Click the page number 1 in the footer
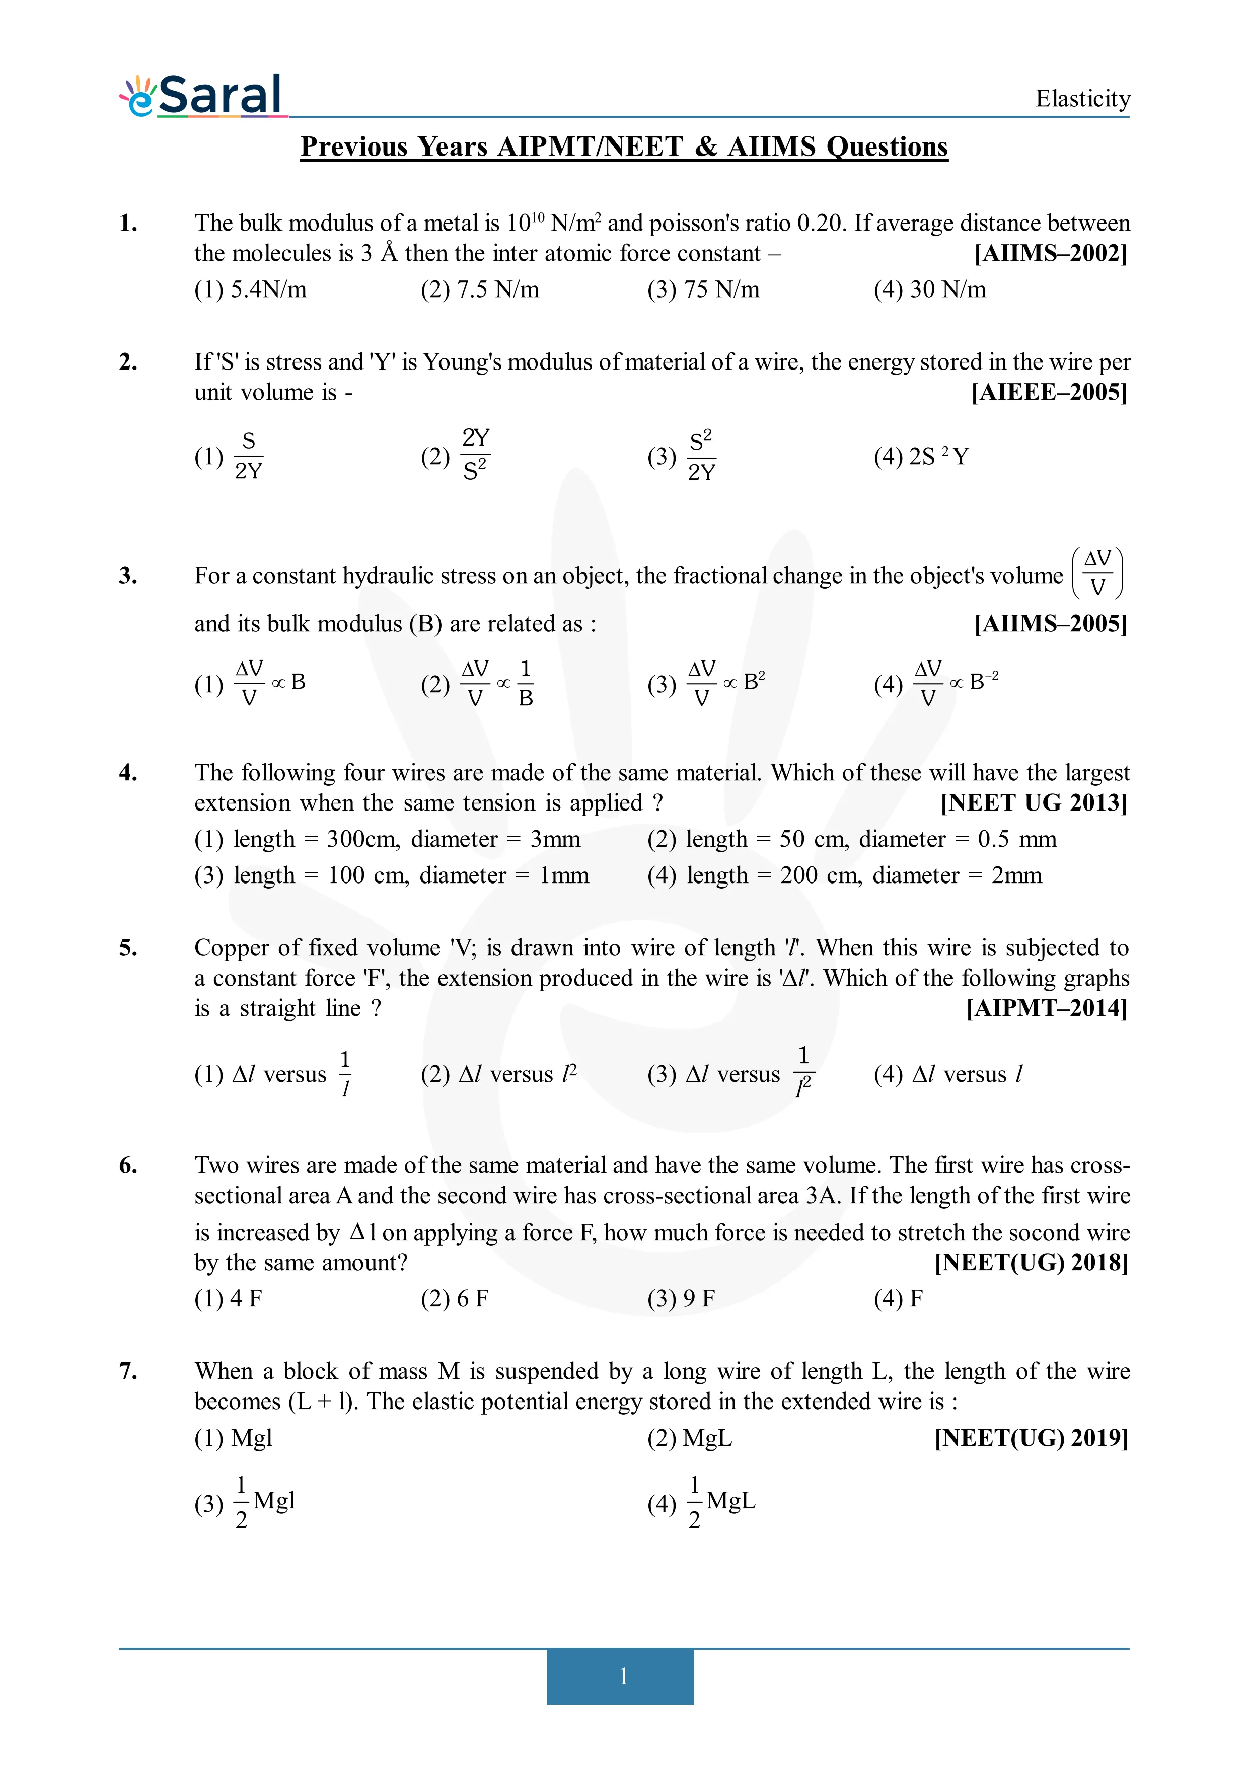[623, 1676]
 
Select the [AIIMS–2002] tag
[1050, 253]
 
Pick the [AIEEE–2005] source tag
[1049, 392]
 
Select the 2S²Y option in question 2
[921, 457]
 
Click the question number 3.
[128, 576]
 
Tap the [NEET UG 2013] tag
[1034, 803]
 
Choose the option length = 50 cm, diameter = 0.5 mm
[851, 839]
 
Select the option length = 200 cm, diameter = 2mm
[844, 875]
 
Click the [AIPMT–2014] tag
[1047, 1008]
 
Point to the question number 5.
[128, 948]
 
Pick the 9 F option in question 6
[681, 1299]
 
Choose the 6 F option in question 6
[455, 1299]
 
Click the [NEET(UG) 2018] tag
[1031, 1263]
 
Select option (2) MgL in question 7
[689, 1438]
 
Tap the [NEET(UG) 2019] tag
[1031, 1438]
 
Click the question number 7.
[128, 1371]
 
